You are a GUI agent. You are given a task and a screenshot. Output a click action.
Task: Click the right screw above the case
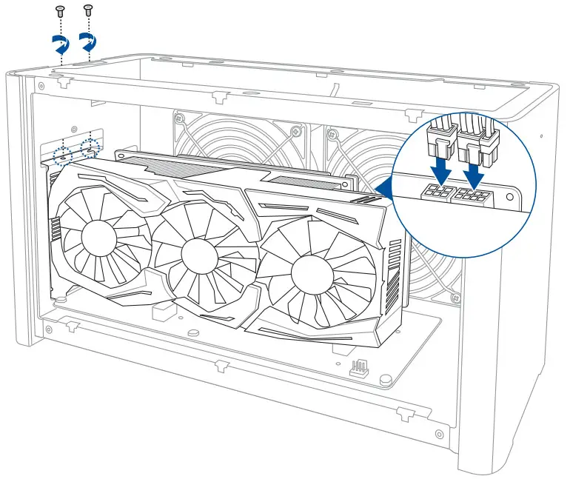point(88,10)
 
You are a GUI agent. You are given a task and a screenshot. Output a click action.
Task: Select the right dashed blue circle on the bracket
point(92,145)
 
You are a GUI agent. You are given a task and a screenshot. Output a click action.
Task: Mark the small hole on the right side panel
point(542,138)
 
